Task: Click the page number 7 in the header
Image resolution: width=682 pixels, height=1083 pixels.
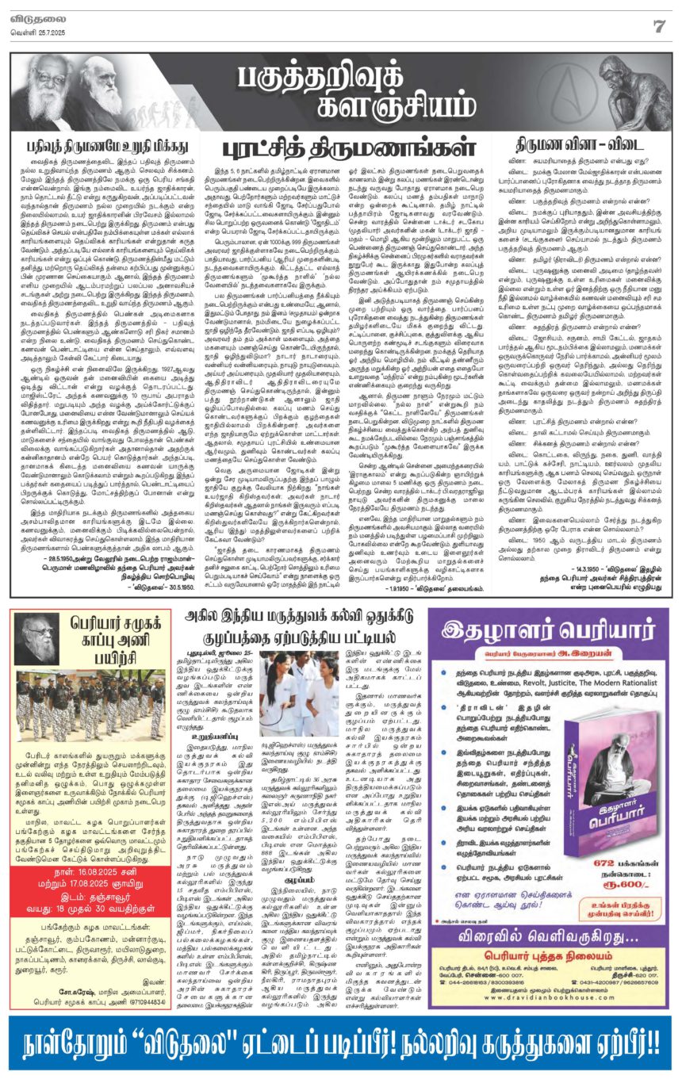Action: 658,25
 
